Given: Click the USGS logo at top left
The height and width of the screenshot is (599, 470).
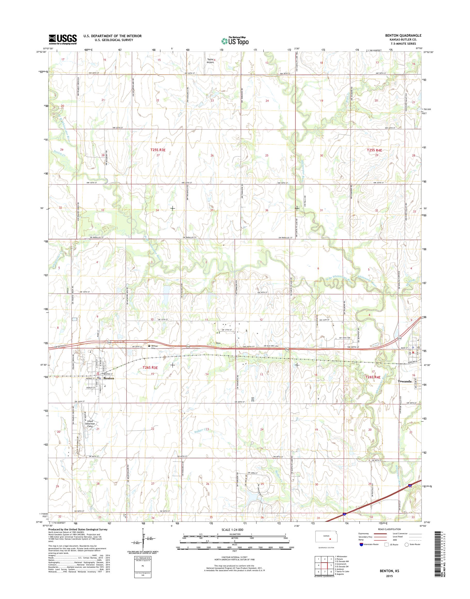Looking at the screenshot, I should click(x=63, y=39).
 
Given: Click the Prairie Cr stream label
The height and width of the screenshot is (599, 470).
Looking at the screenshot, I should click(x=57, y=155).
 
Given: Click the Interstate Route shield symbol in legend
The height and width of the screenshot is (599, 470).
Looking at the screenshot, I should click(x=361, y=551).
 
